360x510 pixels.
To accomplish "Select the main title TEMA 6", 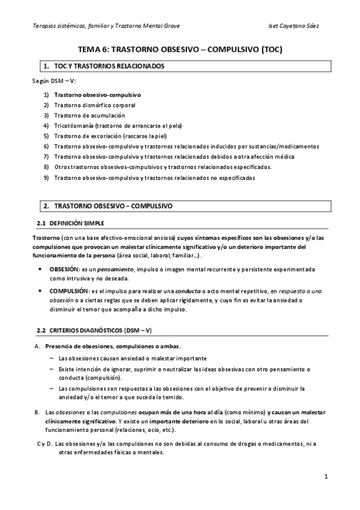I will pos(180,51).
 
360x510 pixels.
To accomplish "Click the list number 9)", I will pos(46,178).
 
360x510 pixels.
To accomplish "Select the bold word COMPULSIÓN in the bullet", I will pos(67,290).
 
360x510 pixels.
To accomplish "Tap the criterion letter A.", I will pos(37,346).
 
